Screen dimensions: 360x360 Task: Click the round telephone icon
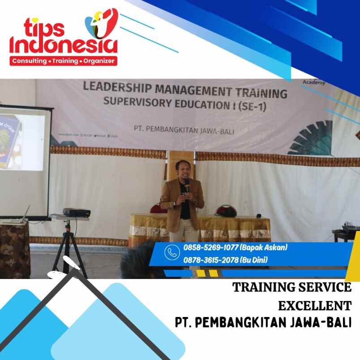(x=172, y=253)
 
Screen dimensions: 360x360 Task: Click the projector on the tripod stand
(x=77, y=212)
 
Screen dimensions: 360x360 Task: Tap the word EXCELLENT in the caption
(x=314, y=306)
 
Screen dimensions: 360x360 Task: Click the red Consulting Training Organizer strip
(x=64, y=61)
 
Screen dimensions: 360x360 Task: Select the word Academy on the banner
(x=313, y=82)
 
